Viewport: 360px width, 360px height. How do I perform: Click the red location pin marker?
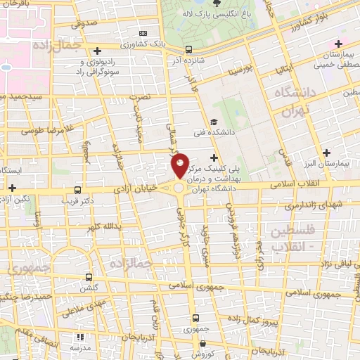[x=180, y=167]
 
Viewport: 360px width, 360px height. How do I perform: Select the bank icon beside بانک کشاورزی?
[x=144, y=33]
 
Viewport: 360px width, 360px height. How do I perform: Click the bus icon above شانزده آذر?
[x=188, y=49]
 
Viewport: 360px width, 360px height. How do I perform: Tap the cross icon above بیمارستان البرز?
[x=326, y=152]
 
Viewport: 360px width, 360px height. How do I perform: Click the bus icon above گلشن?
[x=87, y=278]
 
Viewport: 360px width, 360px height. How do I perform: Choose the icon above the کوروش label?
[x=203, y=344]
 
